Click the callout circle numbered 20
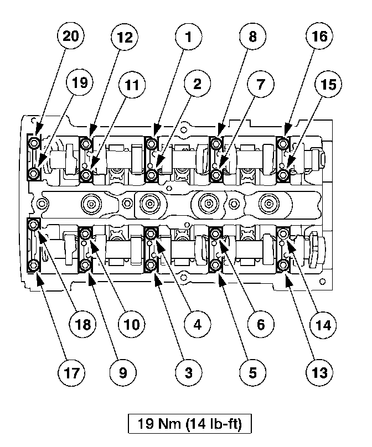(71, 37)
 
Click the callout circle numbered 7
(260, 85)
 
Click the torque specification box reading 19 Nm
(190, 424)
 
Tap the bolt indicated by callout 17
(35, 266)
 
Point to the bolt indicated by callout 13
(285, 267)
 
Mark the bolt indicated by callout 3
(151, 267)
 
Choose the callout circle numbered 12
(125, 37)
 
